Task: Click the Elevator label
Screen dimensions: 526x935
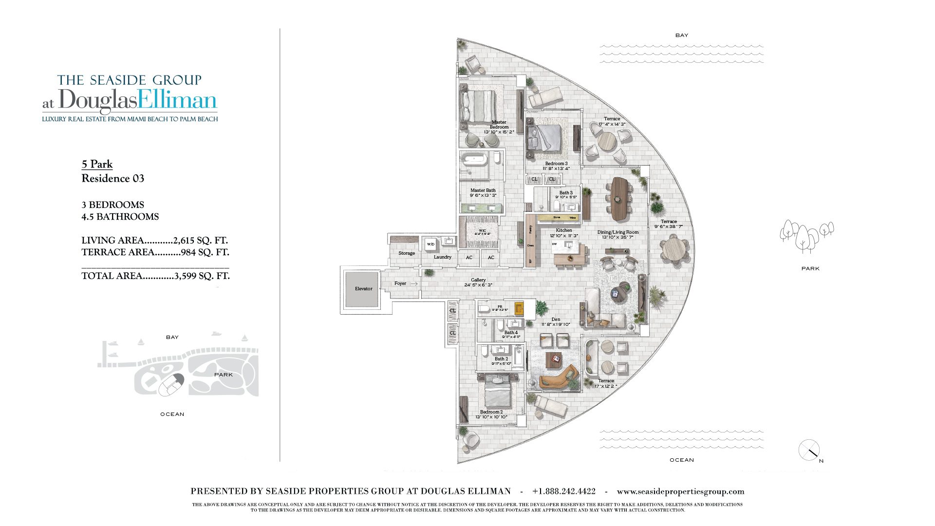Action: coord(363,289)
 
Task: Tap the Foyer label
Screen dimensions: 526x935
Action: coord(400,283)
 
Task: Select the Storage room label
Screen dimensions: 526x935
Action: coord(407,253)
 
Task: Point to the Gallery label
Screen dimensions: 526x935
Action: coord(478,280)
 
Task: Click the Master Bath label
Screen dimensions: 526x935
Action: coord(483,190)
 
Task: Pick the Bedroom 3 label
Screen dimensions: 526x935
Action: coord(556,164)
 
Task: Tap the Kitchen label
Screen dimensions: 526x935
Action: coord(564,230)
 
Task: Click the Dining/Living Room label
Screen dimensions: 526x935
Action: coord(618,232)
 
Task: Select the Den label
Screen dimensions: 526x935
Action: coord(556,319)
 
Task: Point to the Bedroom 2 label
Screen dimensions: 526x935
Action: coord(491,412)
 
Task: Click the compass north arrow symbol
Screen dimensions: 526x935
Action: coord(809,451)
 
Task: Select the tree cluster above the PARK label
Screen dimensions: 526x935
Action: coord(806,235)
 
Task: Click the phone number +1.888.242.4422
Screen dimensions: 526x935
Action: coord(564,491)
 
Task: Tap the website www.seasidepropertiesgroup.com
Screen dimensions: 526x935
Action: coord(680,491)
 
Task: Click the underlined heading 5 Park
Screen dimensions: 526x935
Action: coord(97,164)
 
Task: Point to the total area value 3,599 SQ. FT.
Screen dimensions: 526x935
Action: coord(202,276)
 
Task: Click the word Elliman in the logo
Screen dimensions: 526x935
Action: coord(177,100)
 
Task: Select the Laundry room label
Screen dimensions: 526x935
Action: coord(443,257)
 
